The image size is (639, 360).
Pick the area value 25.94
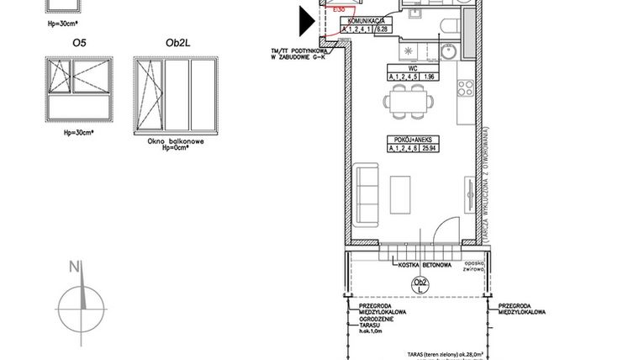tap(429, 149)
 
